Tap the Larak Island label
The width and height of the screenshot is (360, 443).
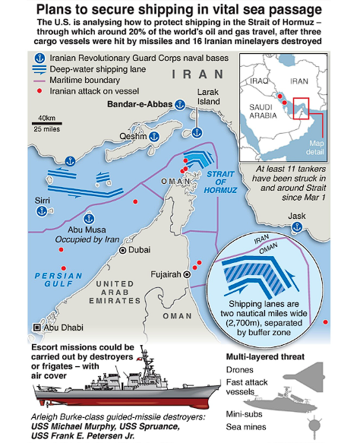click(208, 97)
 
